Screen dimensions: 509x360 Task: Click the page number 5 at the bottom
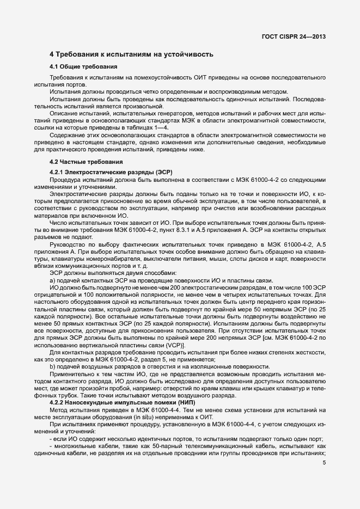coord(324,463)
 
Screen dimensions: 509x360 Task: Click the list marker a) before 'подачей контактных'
coord(52,280)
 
